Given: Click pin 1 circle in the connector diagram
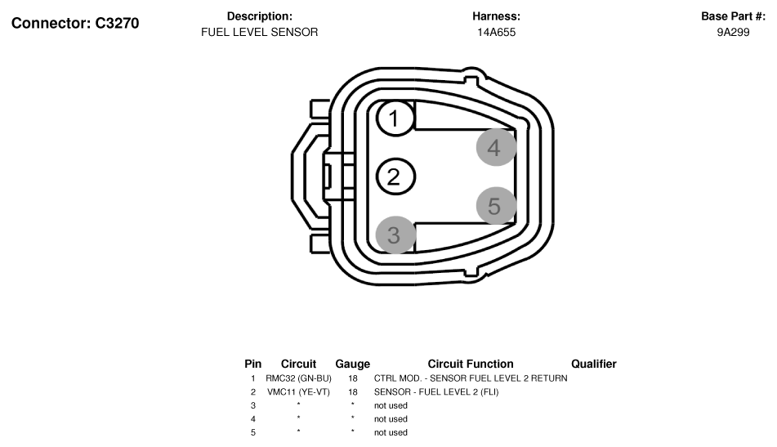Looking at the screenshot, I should pyautogui.click(x=395, y=119).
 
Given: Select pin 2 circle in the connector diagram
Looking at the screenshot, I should pyautogui.click(x=395, y=177).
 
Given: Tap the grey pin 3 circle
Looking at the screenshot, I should pyautogui.click(x=395, y=235).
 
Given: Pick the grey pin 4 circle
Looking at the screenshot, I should pyautogui.click(x=495, y=147).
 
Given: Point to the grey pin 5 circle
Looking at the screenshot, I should pyautogui.click(x=495, y=206).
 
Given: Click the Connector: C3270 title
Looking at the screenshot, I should pyautogui.click(x=75, y=23).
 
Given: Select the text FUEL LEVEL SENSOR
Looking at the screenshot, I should pyautogui.click(x=259, y=33).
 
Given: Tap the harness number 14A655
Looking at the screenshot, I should pyautogui.click(x=496, y=33).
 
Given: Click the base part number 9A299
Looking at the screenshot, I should pyautogui.click(x=733, y=33).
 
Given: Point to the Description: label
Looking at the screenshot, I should pyautogui.click(x=259, y=16).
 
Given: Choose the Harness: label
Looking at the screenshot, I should pyautogui.click(x=496, y=16).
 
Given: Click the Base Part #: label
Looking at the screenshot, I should pyautogui.click(x=733, y=16).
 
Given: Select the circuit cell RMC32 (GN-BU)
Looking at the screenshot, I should pyautogui.click(x=298, y=378).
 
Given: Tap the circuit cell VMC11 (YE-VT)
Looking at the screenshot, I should pyautogui.click(x=298, y=392).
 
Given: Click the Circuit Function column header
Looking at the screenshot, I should pyautogui.click(x=470, y=364).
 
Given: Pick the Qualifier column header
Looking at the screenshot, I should pyautogui.click(x=593, y=364).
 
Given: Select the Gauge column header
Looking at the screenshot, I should pyautogui.click(x=352, y=364).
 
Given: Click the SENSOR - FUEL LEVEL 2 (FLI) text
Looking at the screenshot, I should pyautogui.click(x=435, y=392).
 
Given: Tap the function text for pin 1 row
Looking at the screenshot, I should pyautogui.click(x=470, y=378).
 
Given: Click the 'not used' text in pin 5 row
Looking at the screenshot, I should pyautogui.click(x=391, y=432).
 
